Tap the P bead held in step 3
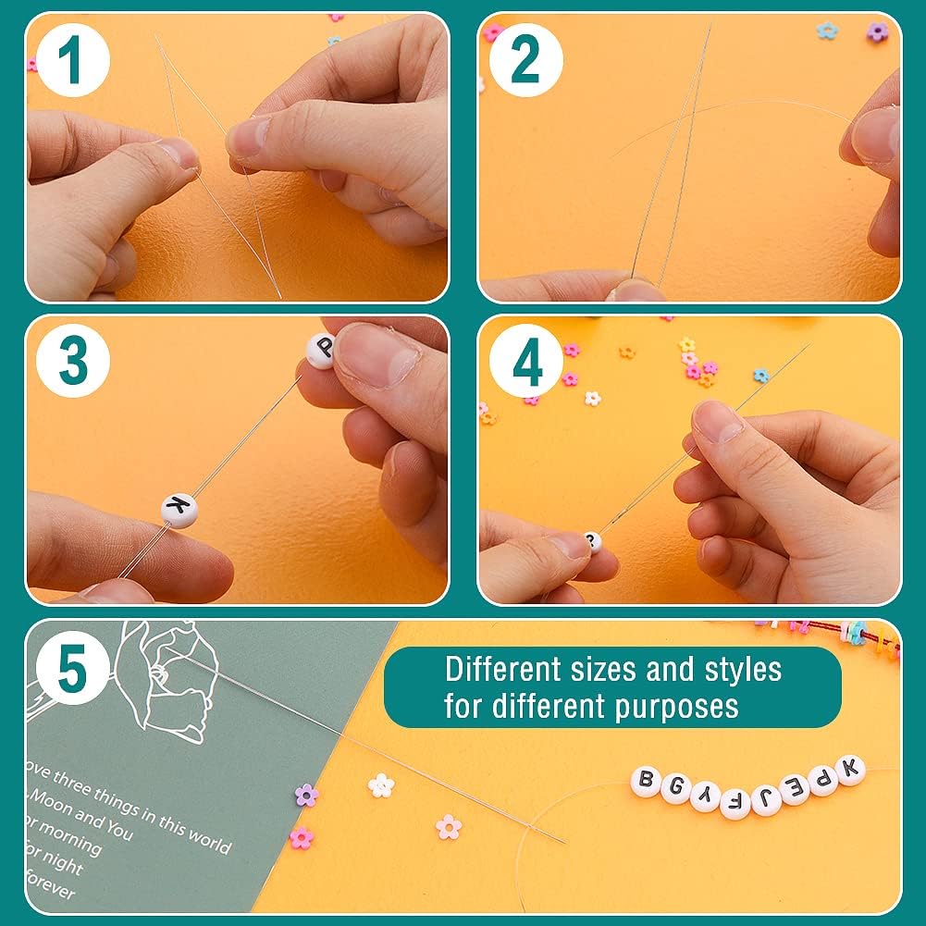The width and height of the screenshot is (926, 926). [320, 352]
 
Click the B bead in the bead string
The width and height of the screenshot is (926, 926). [646, 782]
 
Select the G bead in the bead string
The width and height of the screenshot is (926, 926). [675, 789]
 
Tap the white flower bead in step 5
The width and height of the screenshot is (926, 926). [381, 785]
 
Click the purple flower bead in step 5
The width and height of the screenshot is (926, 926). [306, 795]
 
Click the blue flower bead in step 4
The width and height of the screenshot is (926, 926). [760, 375]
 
